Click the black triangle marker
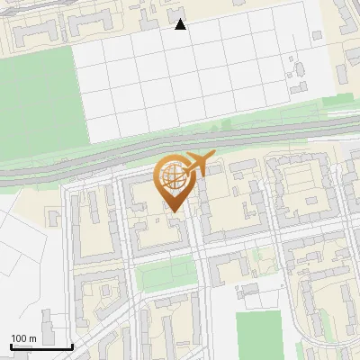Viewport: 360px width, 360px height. point(180,24)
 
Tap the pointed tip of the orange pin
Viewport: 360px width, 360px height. point(171,213)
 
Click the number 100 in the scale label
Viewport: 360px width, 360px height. point(20,338)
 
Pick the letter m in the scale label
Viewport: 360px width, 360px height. point(33,338)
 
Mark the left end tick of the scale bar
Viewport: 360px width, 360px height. point(11,346)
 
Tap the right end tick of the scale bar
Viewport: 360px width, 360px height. point(72,346)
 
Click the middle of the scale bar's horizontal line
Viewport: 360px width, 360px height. point(41,347)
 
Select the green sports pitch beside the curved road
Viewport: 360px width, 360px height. point(258,333)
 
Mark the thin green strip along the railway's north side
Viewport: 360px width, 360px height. point(225,127)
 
